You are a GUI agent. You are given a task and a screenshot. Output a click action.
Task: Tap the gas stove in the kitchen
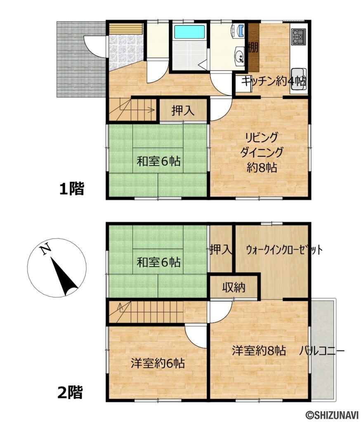pyautogui.click(x=298, y=37)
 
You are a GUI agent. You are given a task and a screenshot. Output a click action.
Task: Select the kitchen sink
pyautogui.click(x=298, y=74)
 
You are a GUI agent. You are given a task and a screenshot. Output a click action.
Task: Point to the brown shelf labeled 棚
pyautogui.click(x=253, y=47)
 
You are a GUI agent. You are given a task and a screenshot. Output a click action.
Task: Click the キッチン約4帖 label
pyautogui.click(x=274, y=81)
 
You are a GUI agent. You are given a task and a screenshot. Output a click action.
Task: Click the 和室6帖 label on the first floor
pyautogui.click(x=158, y=161)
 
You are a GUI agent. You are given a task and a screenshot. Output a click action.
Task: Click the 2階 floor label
pyautogui.click(x=69, y=392)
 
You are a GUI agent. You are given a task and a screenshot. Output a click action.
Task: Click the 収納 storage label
pyautogui.click(x=234, y=287)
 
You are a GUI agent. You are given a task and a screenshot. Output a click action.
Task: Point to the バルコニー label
pyautogui.click(x=322, y=352)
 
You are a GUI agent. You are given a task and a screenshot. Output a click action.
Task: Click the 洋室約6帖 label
pyautogui.click(x=158, y=363)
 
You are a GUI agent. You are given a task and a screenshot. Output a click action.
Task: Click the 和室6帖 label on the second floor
pyautogui.click(x=158, y=262)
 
